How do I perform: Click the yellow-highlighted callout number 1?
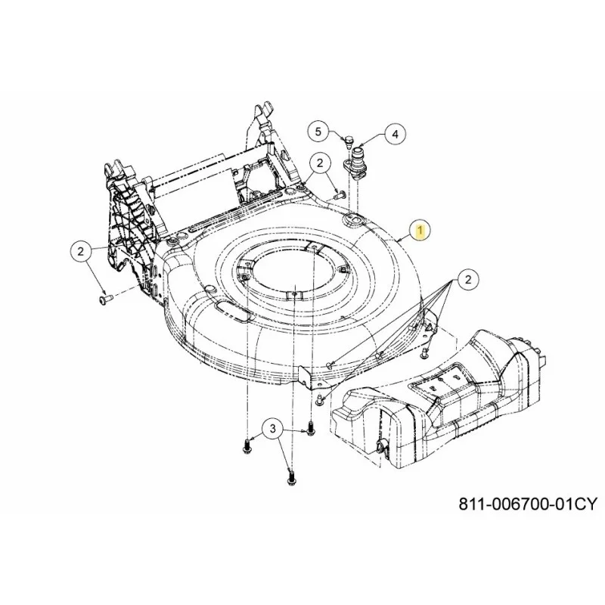click(x=420, y=231)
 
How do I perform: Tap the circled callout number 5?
click(x=318, y=132)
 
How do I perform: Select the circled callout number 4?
click(x=395, y=134)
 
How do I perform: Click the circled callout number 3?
click(x=273, y=428)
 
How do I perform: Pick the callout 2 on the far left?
click(x=81, y=252)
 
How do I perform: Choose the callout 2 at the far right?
click(x=468, y=279)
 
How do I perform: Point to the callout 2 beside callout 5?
click(x=320, y=163)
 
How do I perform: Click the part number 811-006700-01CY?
click(x=527, y=504)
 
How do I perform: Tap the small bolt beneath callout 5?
click(x=349, y=142)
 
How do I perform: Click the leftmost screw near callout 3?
click(x=247, y=448)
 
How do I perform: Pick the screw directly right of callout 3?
click(x=310, y=428)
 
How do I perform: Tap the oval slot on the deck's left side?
click(x=232, y=311)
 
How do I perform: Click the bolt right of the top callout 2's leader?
click(x=339, y=195)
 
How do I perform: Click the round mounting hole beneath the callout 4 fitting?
click(x=354, y=219)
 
